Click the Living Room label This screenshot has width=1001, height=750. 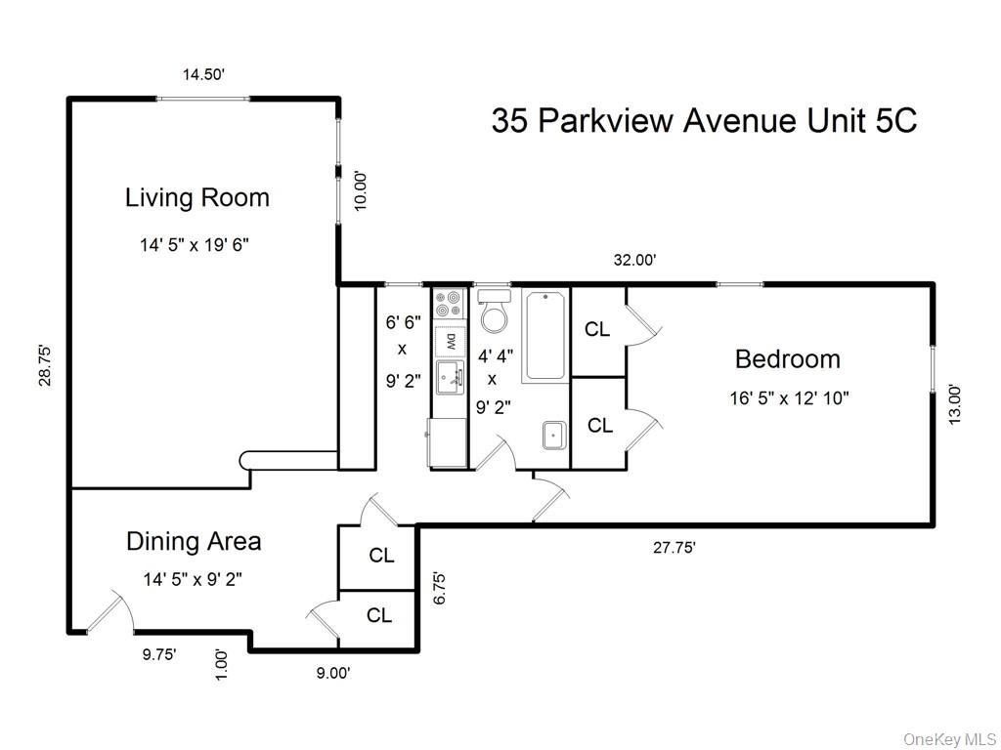point(196,198)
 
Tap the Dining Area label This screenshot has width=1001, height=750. point(194,541)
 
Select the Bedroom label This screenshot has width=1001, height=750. point(787,359)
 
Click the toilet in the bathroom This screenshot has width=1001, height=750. point(496,312)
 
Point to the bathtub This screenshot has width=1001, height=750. point(545,336)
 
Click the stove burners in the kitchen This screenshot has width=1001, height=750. point(451,303)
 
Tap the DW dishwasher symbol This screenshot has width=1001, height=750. point(451,342)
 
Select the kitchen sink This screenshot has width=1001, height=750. point(451,377)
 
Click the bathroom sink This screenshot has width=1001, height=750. point(554,435)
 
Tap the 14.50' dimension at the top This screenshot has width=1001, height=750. point(203,74)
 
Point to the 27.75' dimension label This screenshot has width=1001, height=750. point(675,548)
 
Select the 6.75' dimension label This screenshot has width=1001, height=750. point(440,589)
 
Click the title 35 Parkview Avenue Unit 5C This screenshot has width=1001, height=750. point(704,121)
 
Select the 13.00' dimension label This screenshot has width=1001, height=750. point(956,402)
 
